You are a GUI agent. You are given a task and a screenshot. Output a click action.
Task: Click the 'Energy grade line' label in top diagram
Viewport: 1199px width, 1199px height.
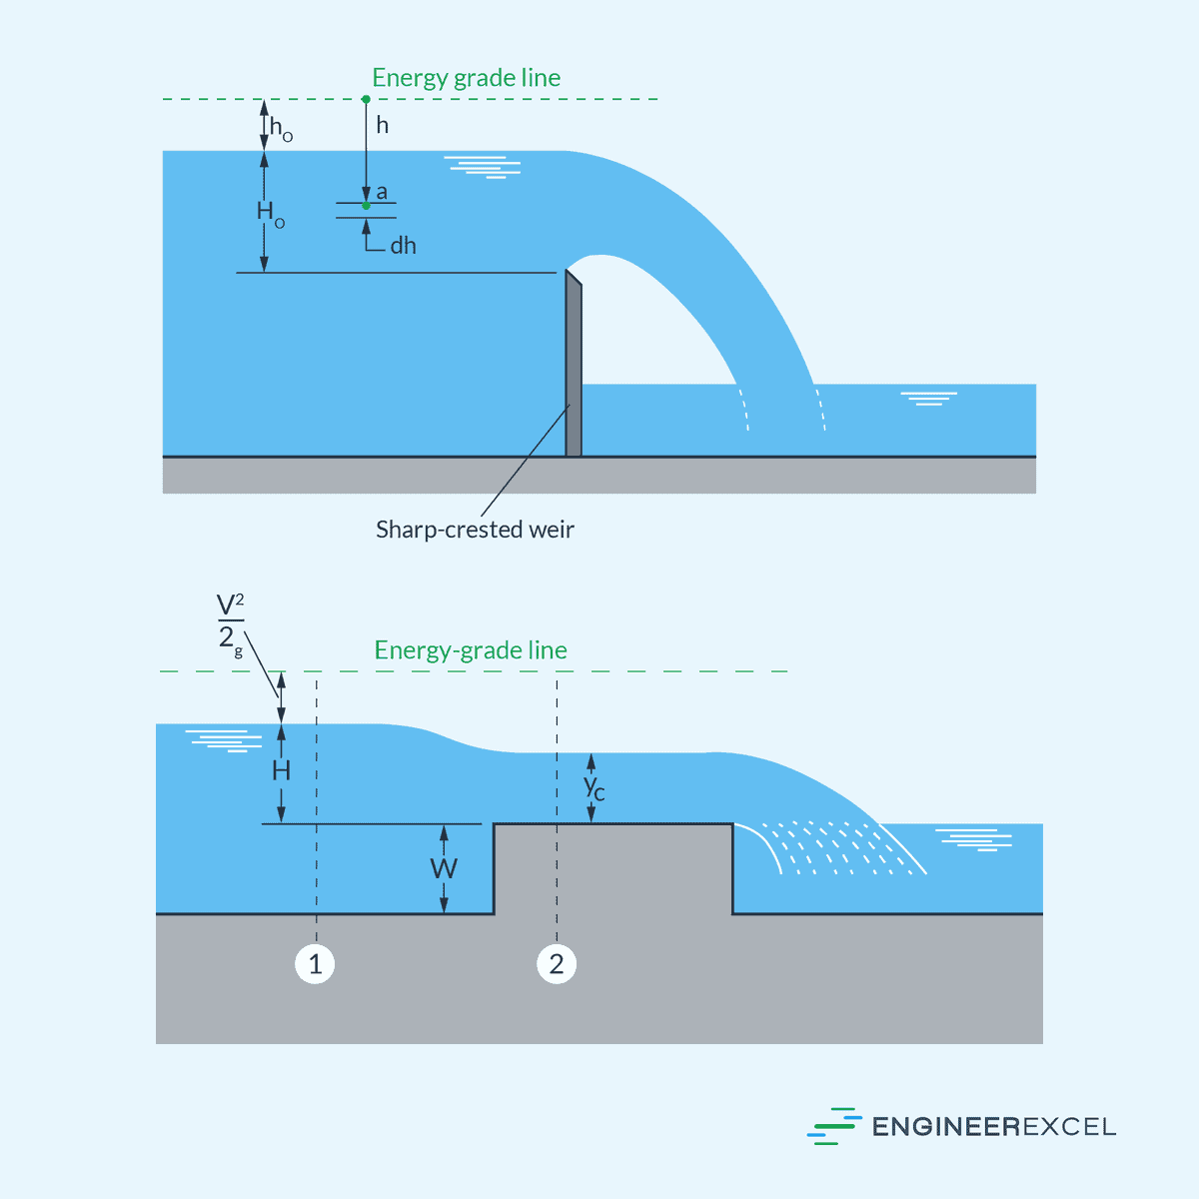point(466,78)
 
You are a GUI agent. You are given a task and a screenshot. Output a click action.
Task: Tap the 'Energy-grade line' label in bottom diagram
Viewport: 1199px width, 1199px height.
point(471,650)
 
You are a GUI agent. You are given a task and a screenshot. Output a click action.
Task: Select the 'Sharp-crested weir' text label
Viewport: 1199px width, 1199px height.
point(475,530)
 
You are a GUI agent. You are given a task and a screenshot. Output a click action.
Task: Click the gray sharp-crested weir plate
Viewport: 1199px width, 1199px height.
point(574,370)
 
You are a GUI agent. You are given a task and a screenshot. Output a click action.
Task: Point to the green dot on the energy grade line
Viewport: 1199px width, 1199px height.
point(366,99)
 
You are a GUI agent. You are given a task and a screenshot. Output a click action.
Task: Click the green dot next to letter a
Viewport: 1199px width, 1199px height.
point(366,206)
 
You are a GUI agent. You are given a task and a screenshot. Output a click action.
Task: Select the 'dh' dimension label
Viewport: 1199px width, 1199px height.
point(403,246)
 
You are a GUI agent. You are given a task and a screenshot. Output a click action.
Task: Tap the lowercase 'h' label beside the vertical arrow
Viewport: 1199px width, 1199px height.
point(382,126)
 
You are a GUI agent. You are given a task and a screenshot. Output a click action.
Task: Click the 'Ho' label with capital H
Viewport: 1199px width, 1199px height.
point(270,213)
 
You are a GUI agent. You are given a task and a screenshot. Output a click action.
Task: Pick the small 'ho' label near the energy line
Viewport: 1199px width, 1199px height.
point(281,129)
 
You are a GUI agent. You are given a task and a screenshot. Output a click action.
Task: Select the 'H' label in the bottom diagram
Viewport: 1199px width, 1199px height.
point(282,770)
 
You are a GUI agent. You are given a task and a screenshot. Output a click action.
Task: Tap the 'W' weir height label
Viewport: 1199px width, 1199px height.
point(444,868)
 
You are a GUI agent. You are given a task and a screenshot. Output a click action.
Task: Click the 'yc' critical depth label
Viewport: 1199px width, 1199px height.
point(595,787)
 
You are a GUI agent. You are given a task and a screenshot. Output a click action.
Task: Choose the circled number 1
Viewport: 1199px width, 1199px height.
point(316,964)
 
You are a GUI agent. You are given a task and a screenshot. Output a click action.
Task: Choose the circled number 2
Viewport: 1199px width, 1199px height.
point(557,964)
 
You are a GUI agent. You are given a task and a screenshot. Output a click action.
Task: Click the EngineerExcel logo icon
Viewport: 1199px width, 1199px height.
point(833,1126)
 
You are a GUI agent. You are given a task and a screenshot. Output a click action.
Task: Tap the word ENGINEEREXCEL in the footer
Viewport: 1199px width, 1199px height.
point(993,1127)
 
